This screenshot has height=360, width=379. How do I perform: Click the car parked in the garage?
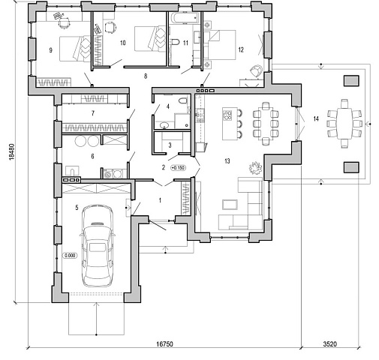click(98, 245)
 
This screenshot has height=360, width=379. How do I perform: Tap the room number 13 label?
click(227, 161)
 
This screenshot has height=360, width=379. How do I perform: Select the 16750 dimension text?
click(164, 344)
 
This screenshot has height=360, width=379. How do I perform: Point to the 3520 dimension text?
click(329, 344)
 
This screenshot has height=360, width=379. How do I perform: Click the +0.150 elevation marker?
click(179, 167)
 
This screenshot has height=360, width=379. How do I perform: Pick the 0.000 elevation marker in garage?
click(70, 256)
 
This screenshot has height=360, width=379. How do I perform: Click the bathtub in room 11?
click(185, 18)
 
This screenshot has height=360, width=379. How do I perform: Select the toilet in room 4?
click(183, 100)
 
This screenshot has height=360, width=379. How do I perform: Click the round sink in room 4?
click(164, 124)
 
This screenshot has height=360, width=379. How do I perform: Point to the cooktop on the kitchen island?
click(227, 115)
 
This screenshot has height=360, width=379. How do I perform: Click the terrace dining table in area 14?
click(344, 124)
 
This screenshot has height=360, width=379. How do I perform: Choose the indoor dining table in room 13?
click(266, 123)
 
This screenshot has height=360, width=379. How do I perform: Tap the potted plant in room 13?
click(255, 168)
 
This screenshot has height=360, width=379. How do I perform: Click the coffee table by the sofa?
click(230, 204)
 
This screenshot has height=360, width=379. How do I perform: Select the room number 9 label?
click(51, 50)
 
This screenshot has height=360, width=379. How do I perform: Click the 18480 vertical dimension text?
click(12, 151)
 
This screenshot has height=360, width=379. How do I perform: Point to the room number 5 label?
click(77, 207)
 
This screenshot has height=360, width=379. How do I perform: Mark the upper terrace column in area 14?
click(351, 80)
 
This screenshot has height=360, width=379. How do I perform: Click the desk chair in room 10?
click(110, 27)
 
